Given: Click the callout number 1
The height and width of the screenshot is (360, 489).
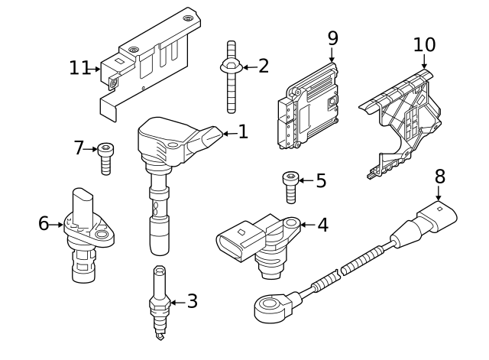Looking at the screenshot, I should (x=243, y=132).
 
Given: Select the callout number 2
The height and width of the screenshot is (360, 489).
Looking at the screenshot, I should (x=264, y=66).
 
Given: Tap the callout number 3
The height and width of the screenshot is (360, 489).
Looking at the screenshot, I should (x=192, y=301).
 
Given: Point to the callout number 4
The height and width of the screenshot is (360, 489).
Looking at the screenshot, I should (x=322, y=225).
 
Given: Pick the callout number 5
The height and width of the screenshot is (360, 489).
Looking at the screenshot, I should (x=320, y=181).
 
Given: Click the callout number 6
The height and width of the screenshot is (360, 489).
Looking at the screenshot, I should (x=44, y=223).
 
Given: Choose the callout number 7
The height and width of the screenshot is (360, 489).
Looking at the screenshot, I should (x=78, y=148).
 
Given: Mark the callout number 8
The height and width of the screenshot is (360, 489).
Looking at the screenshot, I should (x=439, y=176).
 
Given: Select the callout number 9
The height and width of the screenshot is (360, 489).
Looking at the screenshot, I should (x=332, y=37).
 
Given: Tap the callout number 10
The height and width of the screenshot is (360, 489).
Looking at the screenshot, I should (x=424, y=44).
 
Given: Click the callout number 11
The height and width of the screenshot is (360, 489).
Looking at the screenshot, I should (x=79, y=68).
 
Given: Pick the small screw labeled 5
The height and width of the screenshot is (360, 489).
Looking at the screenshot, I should (x=291, y=187).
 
